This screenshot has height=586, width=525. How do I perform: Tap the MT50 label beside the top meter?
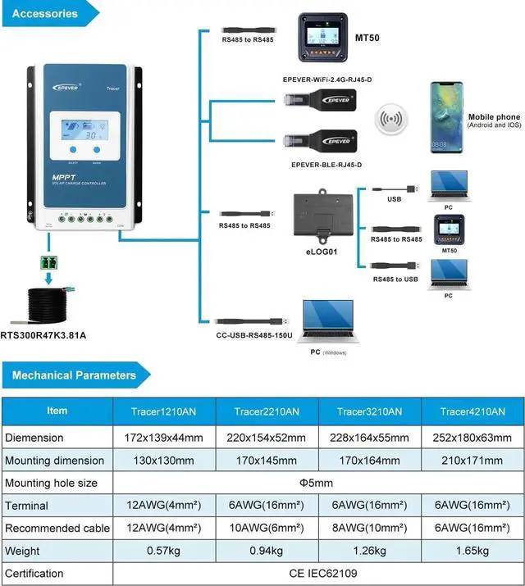tap(367, 38)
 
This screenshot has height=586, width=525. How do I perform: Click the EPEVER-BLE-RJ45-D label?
tap(326, 165)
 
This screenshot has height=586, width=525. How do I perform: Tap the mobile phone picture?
tap(446, 117)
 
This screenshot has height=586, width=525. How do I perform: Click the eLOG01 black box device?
tap(323, 213)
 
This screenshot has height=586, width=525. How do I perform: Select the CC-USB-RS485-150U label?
tap(254, 336)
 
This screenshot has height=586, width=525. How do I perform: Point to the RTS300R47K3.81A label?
tap(43, 335)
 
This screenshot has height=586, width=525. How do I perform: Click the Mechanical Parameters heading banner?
tap(75, 375)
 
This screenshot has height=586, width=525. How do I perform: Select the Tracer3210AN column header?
tap(369, 411)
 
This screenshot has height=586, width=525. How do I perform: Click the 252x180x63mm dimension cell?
tap(472, 438)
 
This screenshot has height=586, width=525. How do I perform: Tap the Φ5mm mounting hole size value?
tap(317, 484)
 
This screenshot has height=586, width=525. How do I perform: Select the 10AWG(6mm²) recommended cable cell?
tap(266, 528)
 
